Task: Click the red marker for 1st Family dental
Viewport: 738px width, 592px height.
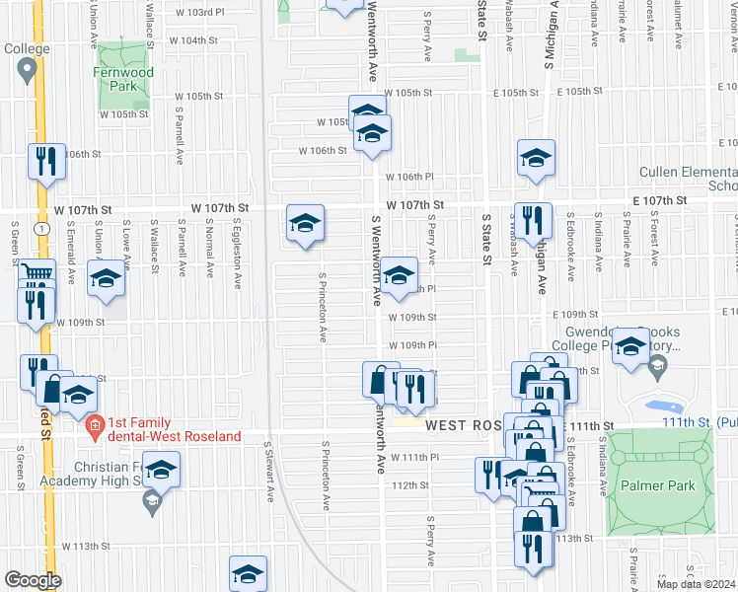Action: point(95,428)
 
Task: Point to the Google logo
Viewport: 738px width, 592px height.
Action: point(33,580)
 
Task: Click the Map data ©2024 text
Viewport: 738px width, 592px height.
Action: point(696,584)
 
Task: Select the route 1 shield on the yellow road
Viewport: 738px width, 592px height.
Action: point(38,229)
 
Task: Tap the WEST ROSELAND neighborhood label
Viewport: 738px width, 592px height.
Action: point(464,424)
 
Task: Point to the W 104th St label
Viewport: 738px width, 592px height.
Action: point(192,41)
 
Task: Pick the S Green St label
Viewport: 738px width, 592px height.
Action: point(20,467)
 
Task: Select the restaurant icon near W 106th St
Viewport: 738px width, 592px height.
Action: point(45,160)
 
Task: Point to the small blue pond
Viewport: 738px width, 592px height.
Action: point(660,407)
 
